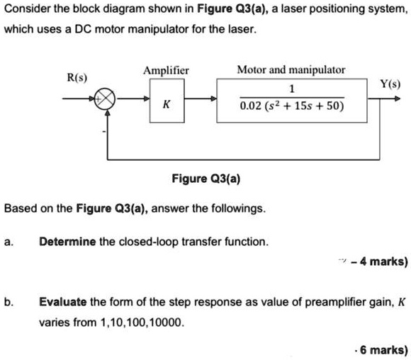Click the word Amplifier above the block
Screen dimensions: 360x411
click(x=166, y=70)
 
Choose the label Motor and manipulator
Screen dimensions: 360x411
click(x=291, y=70)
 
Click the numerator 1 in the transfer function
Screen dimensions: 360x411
click(x=292, y=89)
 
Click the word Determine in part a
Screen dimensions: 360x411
click(x=68, y=241)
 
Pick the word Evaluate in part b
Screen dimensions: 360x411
click(x=62, y=301)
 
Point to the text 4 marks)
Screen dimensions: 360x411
click(x=383, y=261)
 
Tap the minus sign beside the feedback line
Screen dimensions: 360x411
click(x=106, y=132)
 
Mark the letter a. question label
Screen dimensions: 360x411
click(x=8, y=241)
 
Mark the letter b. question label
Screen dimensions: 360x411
click(x=8, y=301)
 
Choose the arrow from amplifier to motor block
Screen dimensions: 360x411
click(x=201, y=101)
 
